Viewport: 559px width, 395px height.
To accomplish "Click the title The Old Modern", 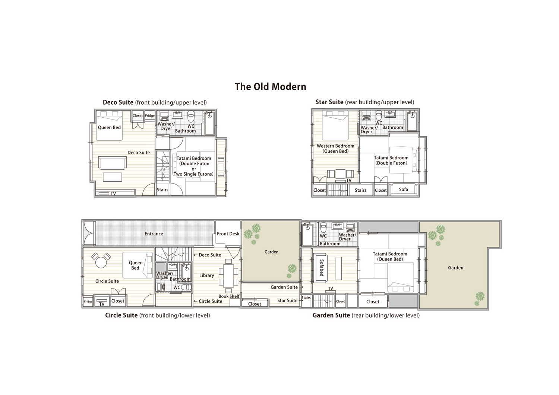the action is click(x=271, y=86).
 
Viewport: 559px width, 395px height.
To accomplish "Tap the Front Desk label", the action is click(x=228, y=234).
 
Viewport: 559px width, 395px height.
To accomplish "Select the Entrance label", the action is click(x=154, y=234).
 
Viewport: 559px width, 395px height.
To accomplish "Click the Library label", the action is click(x=206, y=275).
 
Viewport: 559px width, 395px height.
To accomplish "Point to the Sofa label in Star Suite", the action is click(x=403, y=189).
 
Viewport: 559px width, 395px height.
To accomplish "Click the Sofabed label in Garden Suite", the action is click(x=322, y=268).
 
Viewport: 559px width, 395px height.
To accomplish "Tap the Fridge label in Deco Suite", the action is click(x=150, y=116).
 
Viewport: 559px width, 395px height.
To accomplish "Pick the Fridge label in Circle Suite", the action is click(x=88, y=302).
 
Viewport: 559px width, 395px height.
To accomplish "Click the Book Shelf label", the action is click(x=229, y=296).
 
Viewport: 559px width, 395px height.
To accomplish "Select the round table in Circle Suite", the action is click(x=101, y=262).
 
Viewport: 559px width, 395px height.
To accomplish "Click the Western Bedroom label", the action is click(x=335, y=146).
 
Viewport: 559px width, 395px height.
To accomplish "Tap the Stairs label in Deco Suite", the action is click(x=162, y=190).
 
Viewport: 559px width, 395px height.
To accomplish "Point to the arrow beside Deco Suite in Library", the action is click(x=196, y=255).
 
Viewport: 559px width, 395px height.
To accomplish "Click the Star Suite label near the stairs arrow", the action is click(x=287, y=300).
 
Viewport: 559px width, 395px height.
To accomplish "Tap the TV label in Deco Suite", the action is click(x=113, y=194).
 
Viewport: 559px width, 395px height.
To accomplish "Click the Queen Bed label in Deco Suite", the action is click(x=109, y=127).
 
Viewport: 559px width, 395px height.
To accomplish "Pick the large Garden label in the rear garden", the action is click(x=455, y=268).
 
